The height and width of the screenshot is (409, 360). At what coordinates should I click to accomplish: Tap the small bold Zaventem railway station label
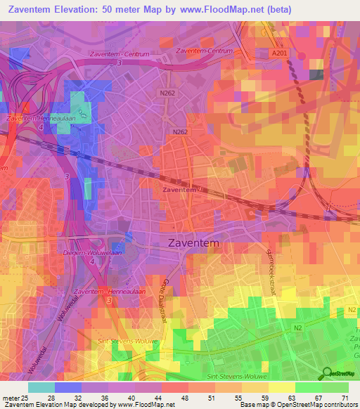[x=179, y=190]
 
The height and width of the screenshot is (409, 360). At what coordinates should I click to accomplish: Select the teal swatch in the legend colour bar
[x=41, y=387]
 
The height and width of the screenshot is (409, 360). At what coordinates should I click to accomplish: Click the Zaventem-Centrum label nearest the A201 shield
[x=204, y=51]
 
